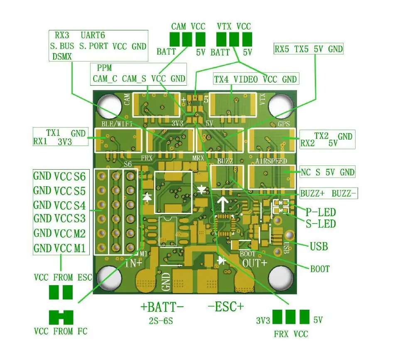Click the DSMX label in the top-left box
click(x=62, y=57)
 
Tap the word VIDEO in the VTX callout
click(x=245, y=79)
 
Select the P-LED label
click(x=320, y=212)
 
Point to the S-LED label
click(x=320, y=224)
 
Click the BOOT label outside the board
click(x=320, y=269)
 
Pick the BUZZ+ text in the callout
click(x=312, y=193)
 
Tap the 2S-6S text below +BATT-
click(x=161, y=321)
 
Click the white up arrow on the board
click(x=223, y=204)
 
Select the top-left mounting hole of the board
click(x=109, y=106)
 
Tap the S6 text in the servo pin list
click(x=80, y=176)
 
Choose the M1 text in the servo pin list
click(x=80, y=248)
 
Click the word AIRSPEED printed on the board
click(x=271, y=161)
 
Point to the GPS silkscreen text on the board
click(x=284, y=124)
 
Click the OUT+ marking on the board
click(x=255, y=263)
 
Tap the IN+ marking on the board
click(x=134, y=263)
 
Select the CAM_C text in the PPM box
click(x=105, y=79)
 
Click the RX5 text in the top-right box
click(x=282, y=49)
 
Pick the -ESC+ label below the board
click(x=226, y=307)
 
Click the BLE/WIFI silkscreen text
click(x=117, y=124)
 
